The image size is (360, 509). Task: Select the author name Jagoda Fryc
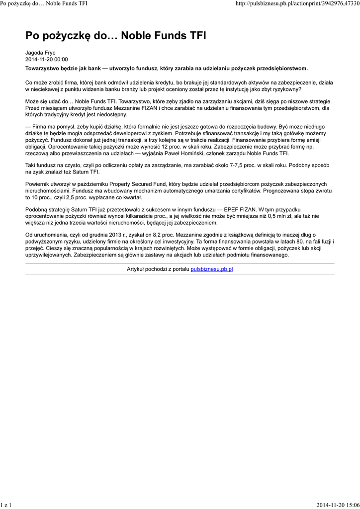(40, 53)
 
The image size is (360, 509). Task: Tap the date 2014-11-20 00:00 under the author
(47, 60)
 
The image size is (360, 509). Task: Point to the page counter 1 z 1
(6, 505)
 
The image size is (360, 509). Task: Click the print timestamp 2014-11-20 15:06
(338, 505)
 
